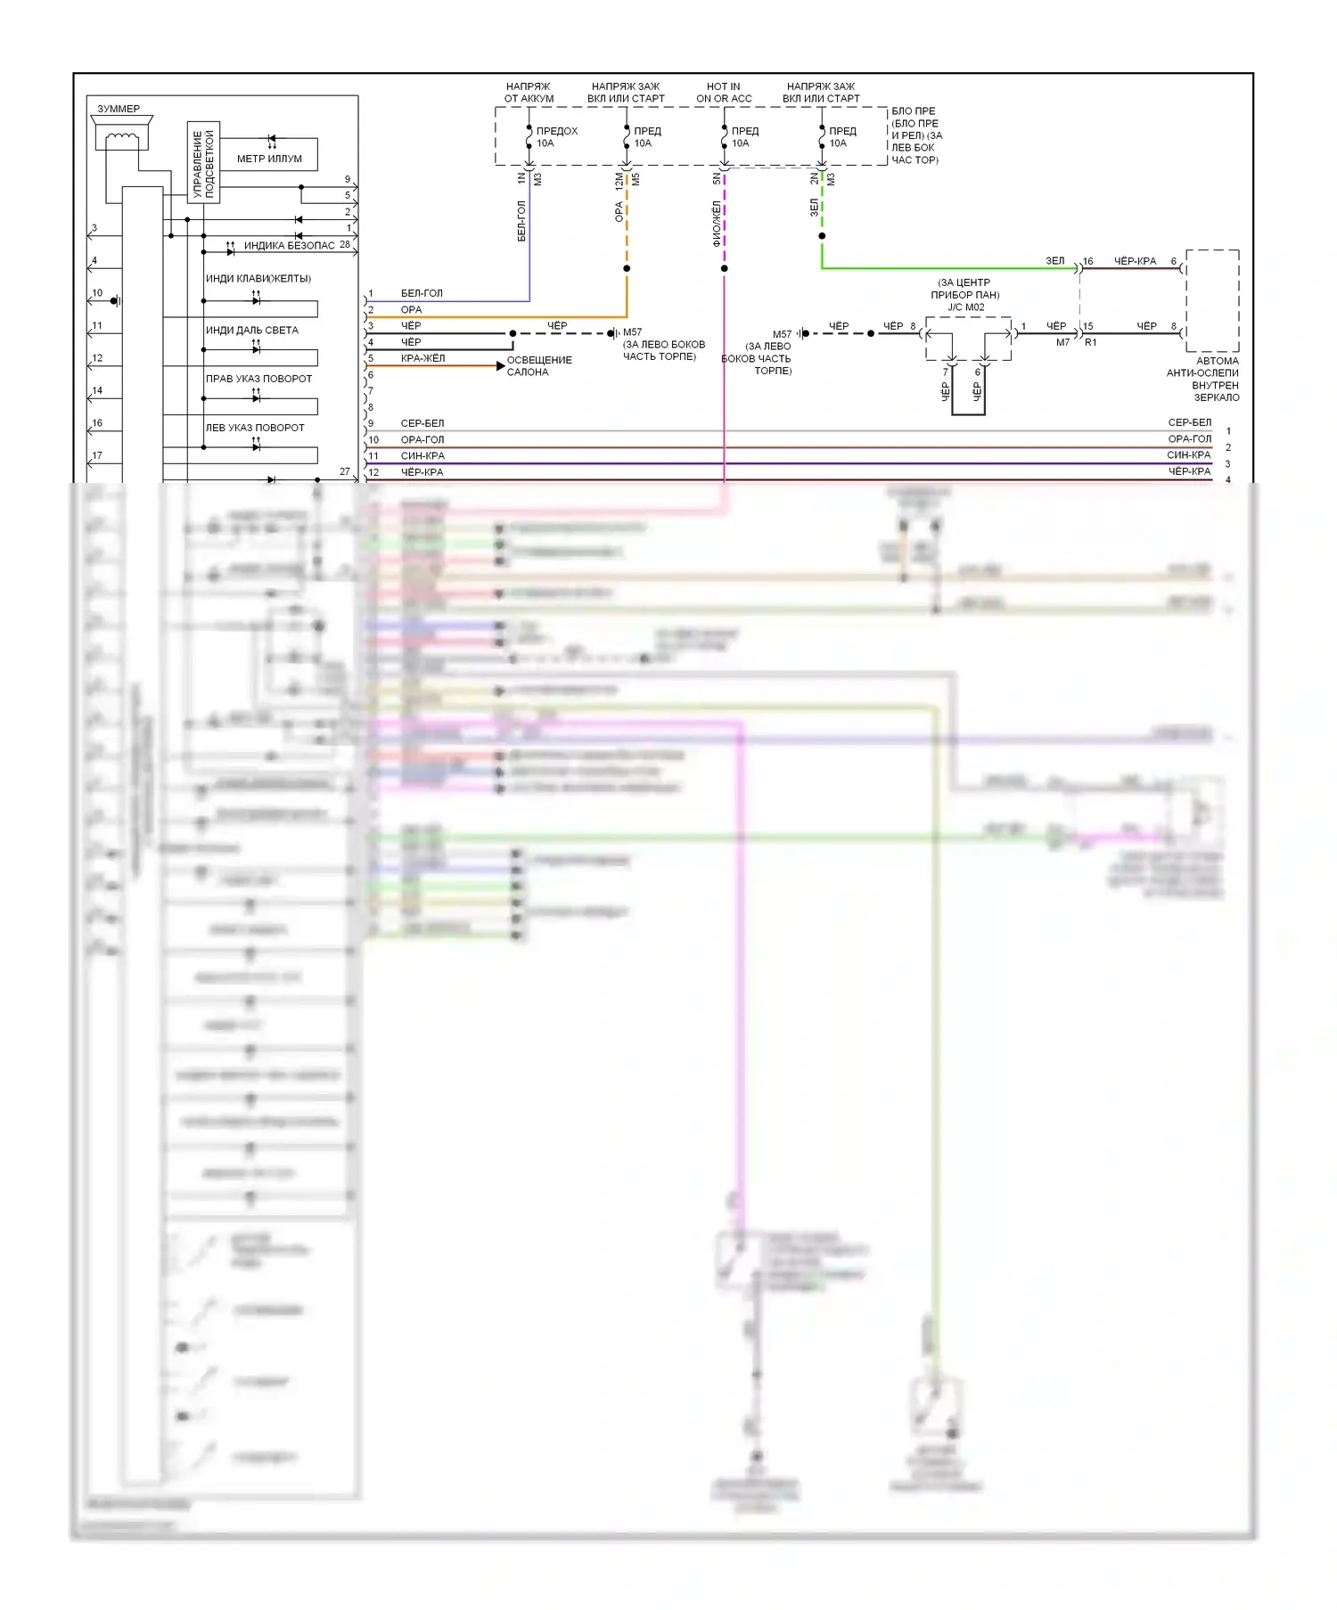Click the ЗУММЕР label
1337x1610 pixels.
tap(119, 109)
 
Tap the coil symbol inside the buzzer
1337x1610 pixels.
tap(122, 139)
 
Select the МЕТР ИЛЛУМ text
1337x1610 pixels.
tap(269, 159)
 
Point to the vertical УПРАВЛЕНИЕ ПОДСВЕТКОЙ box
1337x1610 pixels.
tap(203, 162)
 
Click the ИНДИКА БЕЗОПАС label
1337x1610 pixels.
tap(289, 245)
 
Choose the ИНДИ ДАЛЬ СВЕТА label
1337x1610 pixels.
tap(252, 331)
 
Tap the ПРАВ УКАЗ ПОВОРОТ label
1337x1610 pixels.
tap(258, 379)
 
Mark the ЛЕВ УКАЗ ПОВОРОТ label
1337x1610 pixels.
tap(255, 428)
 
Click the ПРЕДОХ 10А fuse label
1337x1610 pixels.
tap(556, 137)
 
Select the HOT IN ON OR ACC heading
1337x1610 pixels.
tap(724, 93)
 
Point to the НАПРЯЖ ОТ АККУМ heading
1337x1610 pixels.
tap(529, 93)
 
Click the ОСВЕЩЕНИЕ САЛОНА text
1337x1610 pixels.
tap(539, 366)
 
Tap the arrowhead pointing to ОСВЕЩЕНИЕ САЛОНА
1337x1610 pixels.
tap(500, 366)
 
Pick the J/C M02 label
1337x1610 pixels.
tap(966, 307)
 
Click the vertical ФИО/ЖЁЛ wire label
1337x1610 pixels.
tap(717, 223)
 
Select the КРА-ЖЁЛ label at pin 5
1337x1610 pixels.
tap(422, 358)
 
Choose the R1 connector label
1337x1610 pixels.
tap(1091, 342)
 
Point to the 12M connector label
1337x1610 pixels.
tap(619, 181)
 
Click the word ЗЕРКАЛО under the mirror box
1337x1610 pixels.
tap(1217, 397)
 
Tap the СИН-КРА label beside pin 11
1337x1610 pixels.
tap(422, 455)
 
